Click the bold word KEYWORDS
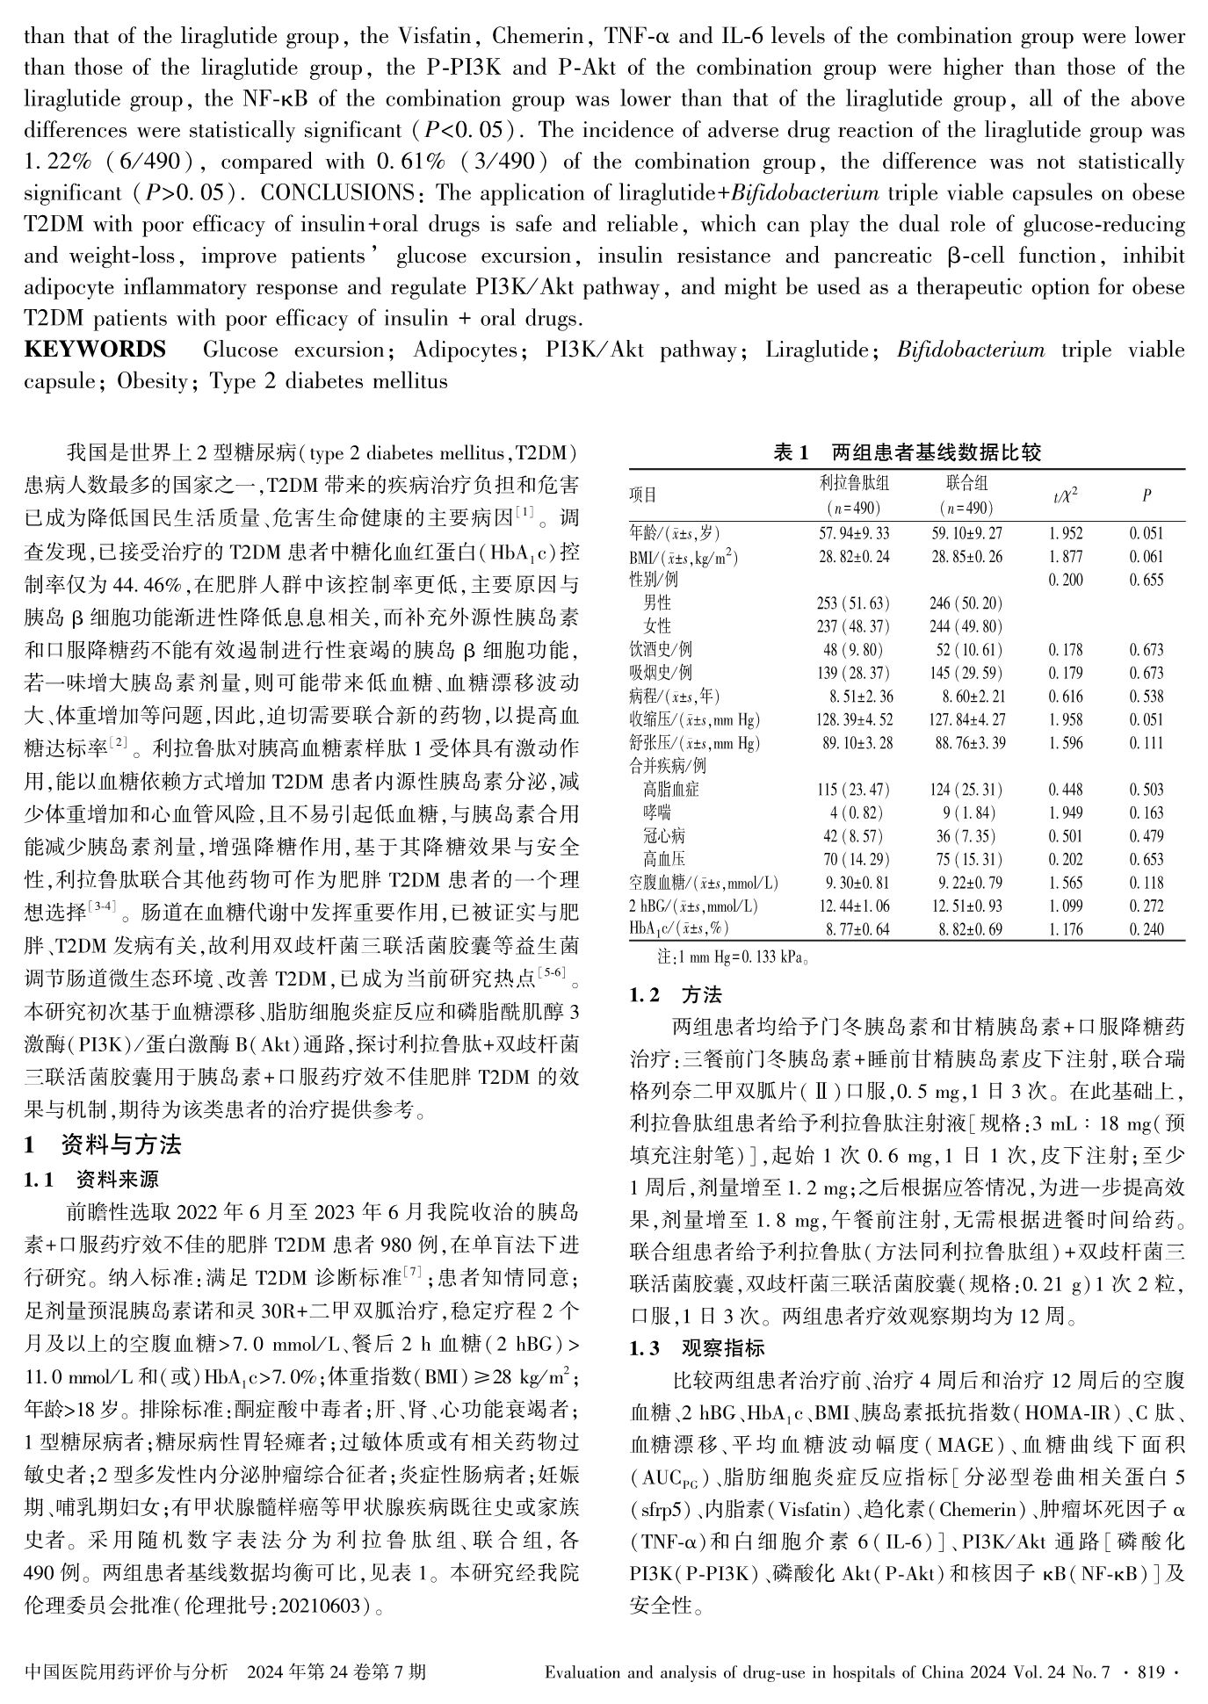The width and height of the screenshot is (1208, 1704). point(95,350)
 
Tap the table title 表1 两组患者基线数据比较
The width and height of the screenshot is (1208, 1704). point(907,452)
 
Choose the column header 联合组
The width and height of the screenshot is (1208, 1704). point(966,483)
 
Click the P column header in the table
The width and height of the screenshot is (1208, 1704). point(1146,495)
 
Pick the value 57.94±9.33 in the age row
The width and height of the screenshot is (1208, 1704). point(853,533)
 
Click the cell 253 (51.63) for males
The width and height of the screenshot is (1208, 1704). point(853,603)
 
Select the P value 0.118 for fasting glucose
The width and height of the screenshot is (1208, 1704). point(1146,883)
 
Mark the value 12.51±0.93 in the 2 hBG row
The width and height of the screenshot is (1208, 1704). point(966,906)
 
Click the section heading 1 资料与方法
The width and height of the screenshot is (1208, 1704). point(103,1144)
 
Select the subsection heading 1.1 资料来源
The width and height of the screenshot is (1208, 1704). point(91,1179)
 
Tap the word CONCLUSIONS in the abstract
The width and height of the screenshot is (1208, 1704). point(337,193)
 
